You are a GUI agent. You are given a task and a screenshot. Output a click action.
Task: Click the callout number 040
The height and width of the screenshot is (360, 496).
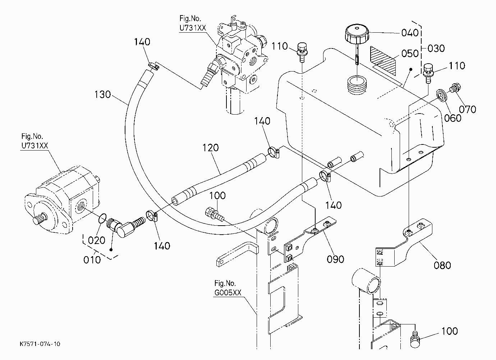410,33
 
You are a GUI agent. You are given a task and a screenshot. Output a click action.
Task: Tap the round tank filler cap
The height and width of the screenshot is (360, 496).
357,35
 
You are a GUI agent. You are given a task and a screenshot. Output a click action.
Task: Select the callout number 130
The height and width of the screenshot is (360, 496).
102,94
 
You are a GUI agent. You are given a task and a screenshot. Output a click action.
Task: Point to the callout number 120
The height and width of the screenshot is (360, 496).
211,148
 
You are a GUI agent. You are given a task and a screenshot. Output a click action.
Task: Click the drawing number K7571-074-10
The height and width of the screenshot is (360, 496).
40,344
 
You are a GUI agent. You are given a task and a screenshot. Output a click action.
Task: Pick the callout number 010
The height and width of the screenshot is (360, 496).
92,260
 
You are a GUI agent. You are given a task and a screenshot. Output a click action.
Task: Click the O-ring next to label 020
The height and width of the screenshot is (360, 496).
102,219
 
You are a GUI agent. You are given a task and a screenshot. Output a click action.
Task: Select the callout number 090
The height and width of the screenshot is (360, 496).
335,259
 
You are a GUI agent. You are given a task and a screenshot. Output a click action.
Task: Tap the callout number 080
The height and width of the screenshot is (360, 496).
442,265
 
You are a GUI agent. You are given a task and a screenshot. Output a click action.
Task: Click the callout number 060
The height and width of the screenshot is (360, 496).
453,118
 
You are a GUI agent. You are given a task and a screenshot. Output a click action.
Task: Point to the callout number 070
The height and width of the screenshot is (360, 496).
468,109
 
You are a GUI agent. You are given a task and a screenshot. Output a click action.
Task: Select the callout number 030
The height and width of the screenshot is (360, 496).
436,49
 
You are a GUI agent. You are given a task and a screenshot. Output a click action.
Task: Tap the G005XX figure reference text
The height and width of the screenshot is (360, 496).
228,293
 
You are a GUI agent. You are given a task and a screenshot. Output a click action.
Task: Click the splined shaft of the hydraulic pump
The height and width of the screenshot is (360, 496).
40,219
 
